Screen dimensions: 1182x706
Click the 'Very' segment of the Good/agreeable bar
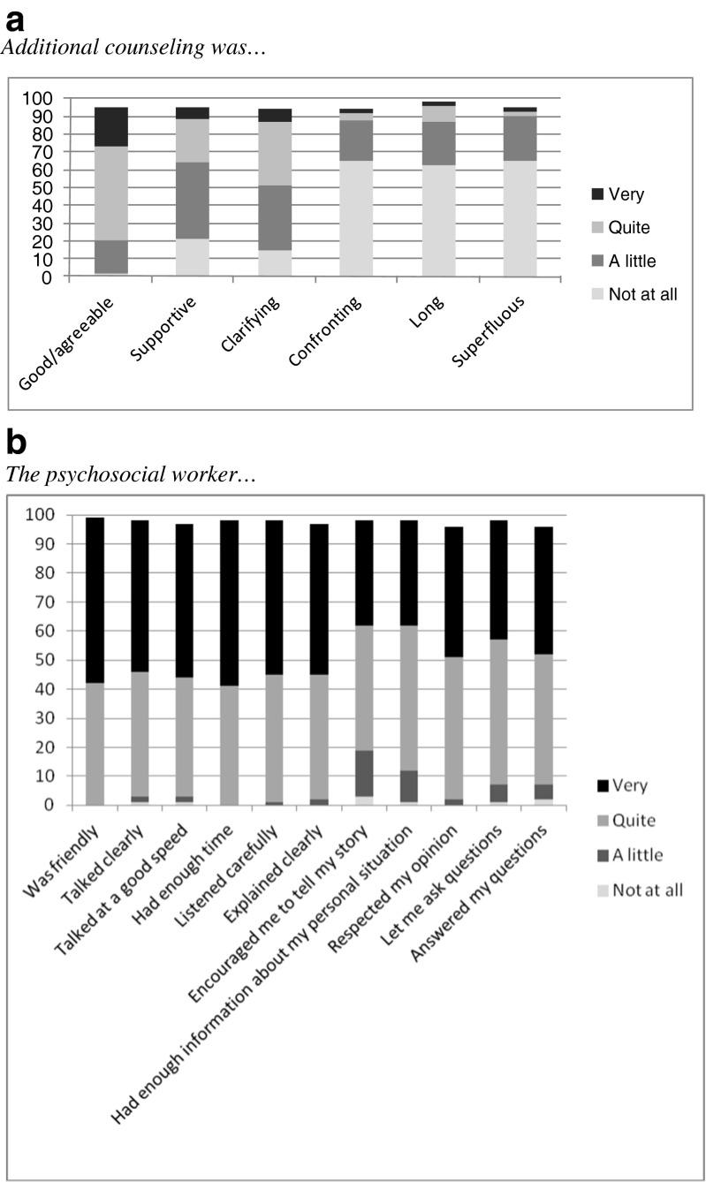[111, 126]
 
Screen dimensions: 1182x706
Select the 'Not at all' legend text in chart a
[642, 294]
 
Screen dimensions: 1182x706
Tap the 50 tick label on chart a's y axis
[42, 187]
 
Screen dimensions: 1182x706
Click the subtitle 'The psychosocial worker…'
[131, 474]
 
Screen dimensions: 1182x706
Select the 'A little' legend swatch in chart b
[604, 854]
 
